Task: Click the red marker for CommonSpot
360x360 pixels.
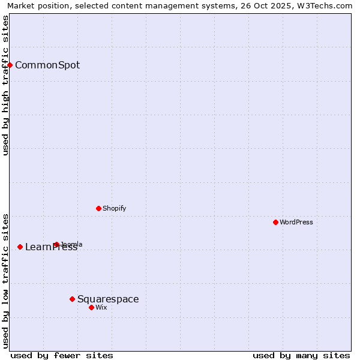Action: (10, 65)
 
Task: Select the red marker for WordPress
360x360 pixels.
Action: (275, 222)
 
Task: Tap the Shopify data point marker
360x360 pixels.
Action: (98, 208)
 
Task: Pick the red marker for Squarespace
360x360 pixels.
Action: (72, 299)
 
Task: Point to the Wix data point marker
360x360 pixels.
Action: (91, 307)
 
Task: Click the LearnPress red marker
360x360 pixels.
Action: (20, 247)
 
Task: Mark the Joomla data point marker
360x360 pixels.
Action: (56, 244)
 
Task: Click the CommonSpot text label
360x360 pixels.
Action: (47, 65)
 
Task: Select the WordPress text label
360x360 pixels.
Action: (296, 222)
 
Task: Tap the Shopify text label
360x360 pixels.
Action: (114, 208)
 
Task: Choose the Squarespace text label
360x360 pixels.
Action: (108, 299)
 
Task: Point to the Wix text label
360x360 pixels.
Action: (101, 307)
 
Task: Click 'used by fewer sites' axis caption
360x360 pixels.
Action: (62, 355)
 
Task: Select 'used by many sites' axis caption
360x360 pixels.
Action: (301, 355)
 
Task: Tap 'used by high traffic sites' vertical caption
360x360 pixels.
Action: (5, 85)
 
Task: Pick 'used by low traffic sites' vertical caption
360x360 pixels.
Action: (5, 281)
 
